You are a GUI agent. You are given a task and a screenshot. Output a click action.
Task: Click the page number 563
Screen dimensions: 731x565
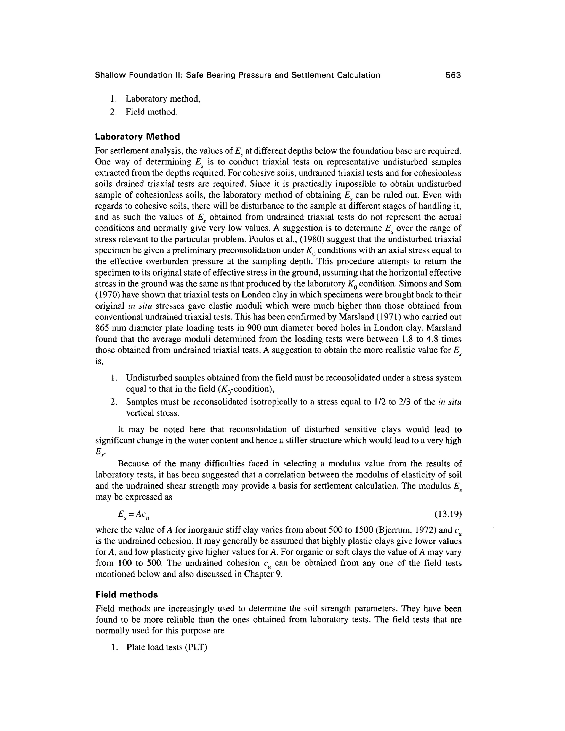point(453,75)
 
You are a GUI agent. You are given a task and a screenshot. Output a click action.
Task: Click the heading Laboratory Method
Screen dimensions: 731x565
point(137,137)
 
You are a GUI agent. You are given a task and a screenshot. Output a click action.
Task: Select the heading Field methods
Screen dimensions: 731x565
point(127,595)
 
